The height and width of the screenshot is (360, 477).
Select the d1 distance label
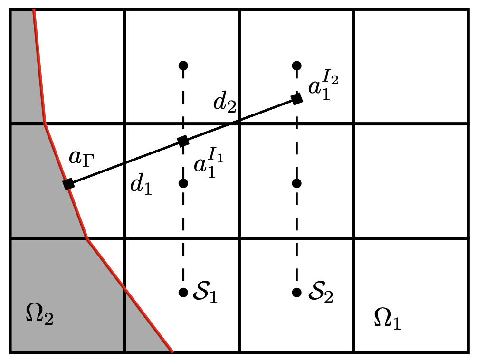pyautogui.click(x=141, y=187)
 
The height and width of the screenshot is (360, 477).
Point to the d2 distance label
pyautogui.click(x=225, y=104)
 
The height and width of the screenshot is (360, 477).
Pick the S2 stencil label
pyautogui.click(x=320, y=293)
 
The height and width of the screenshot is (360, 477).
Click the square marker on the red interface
pyautogui.click(x=69, y=184)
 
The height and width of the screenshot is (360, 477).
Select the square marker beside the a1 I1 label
pyautogui.click(x=183, y=141)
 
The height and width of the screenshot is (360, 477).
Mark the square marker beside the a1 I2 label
pyautogui.click(x=297, y=99)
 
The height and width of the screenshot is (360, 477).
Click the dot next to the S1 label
pyautogui.click(x=183, y=293)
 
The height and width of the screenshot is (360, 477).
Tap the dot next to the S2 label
pyautogui.click(x=297, y=293)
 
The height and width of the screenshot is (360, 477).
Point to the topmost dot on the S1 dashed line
pyautogui.click(x=183, y=65)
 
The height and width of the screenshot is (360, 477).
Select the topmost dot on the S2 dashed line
pyautogui.click(x=297, y=65)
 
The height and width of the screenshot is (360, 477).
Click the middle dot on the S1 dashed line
pyautogui.click(x=183, y=183)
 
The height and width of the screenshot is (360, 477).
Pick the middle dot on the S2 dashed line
pyautogui.click(x=297, y=183)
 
